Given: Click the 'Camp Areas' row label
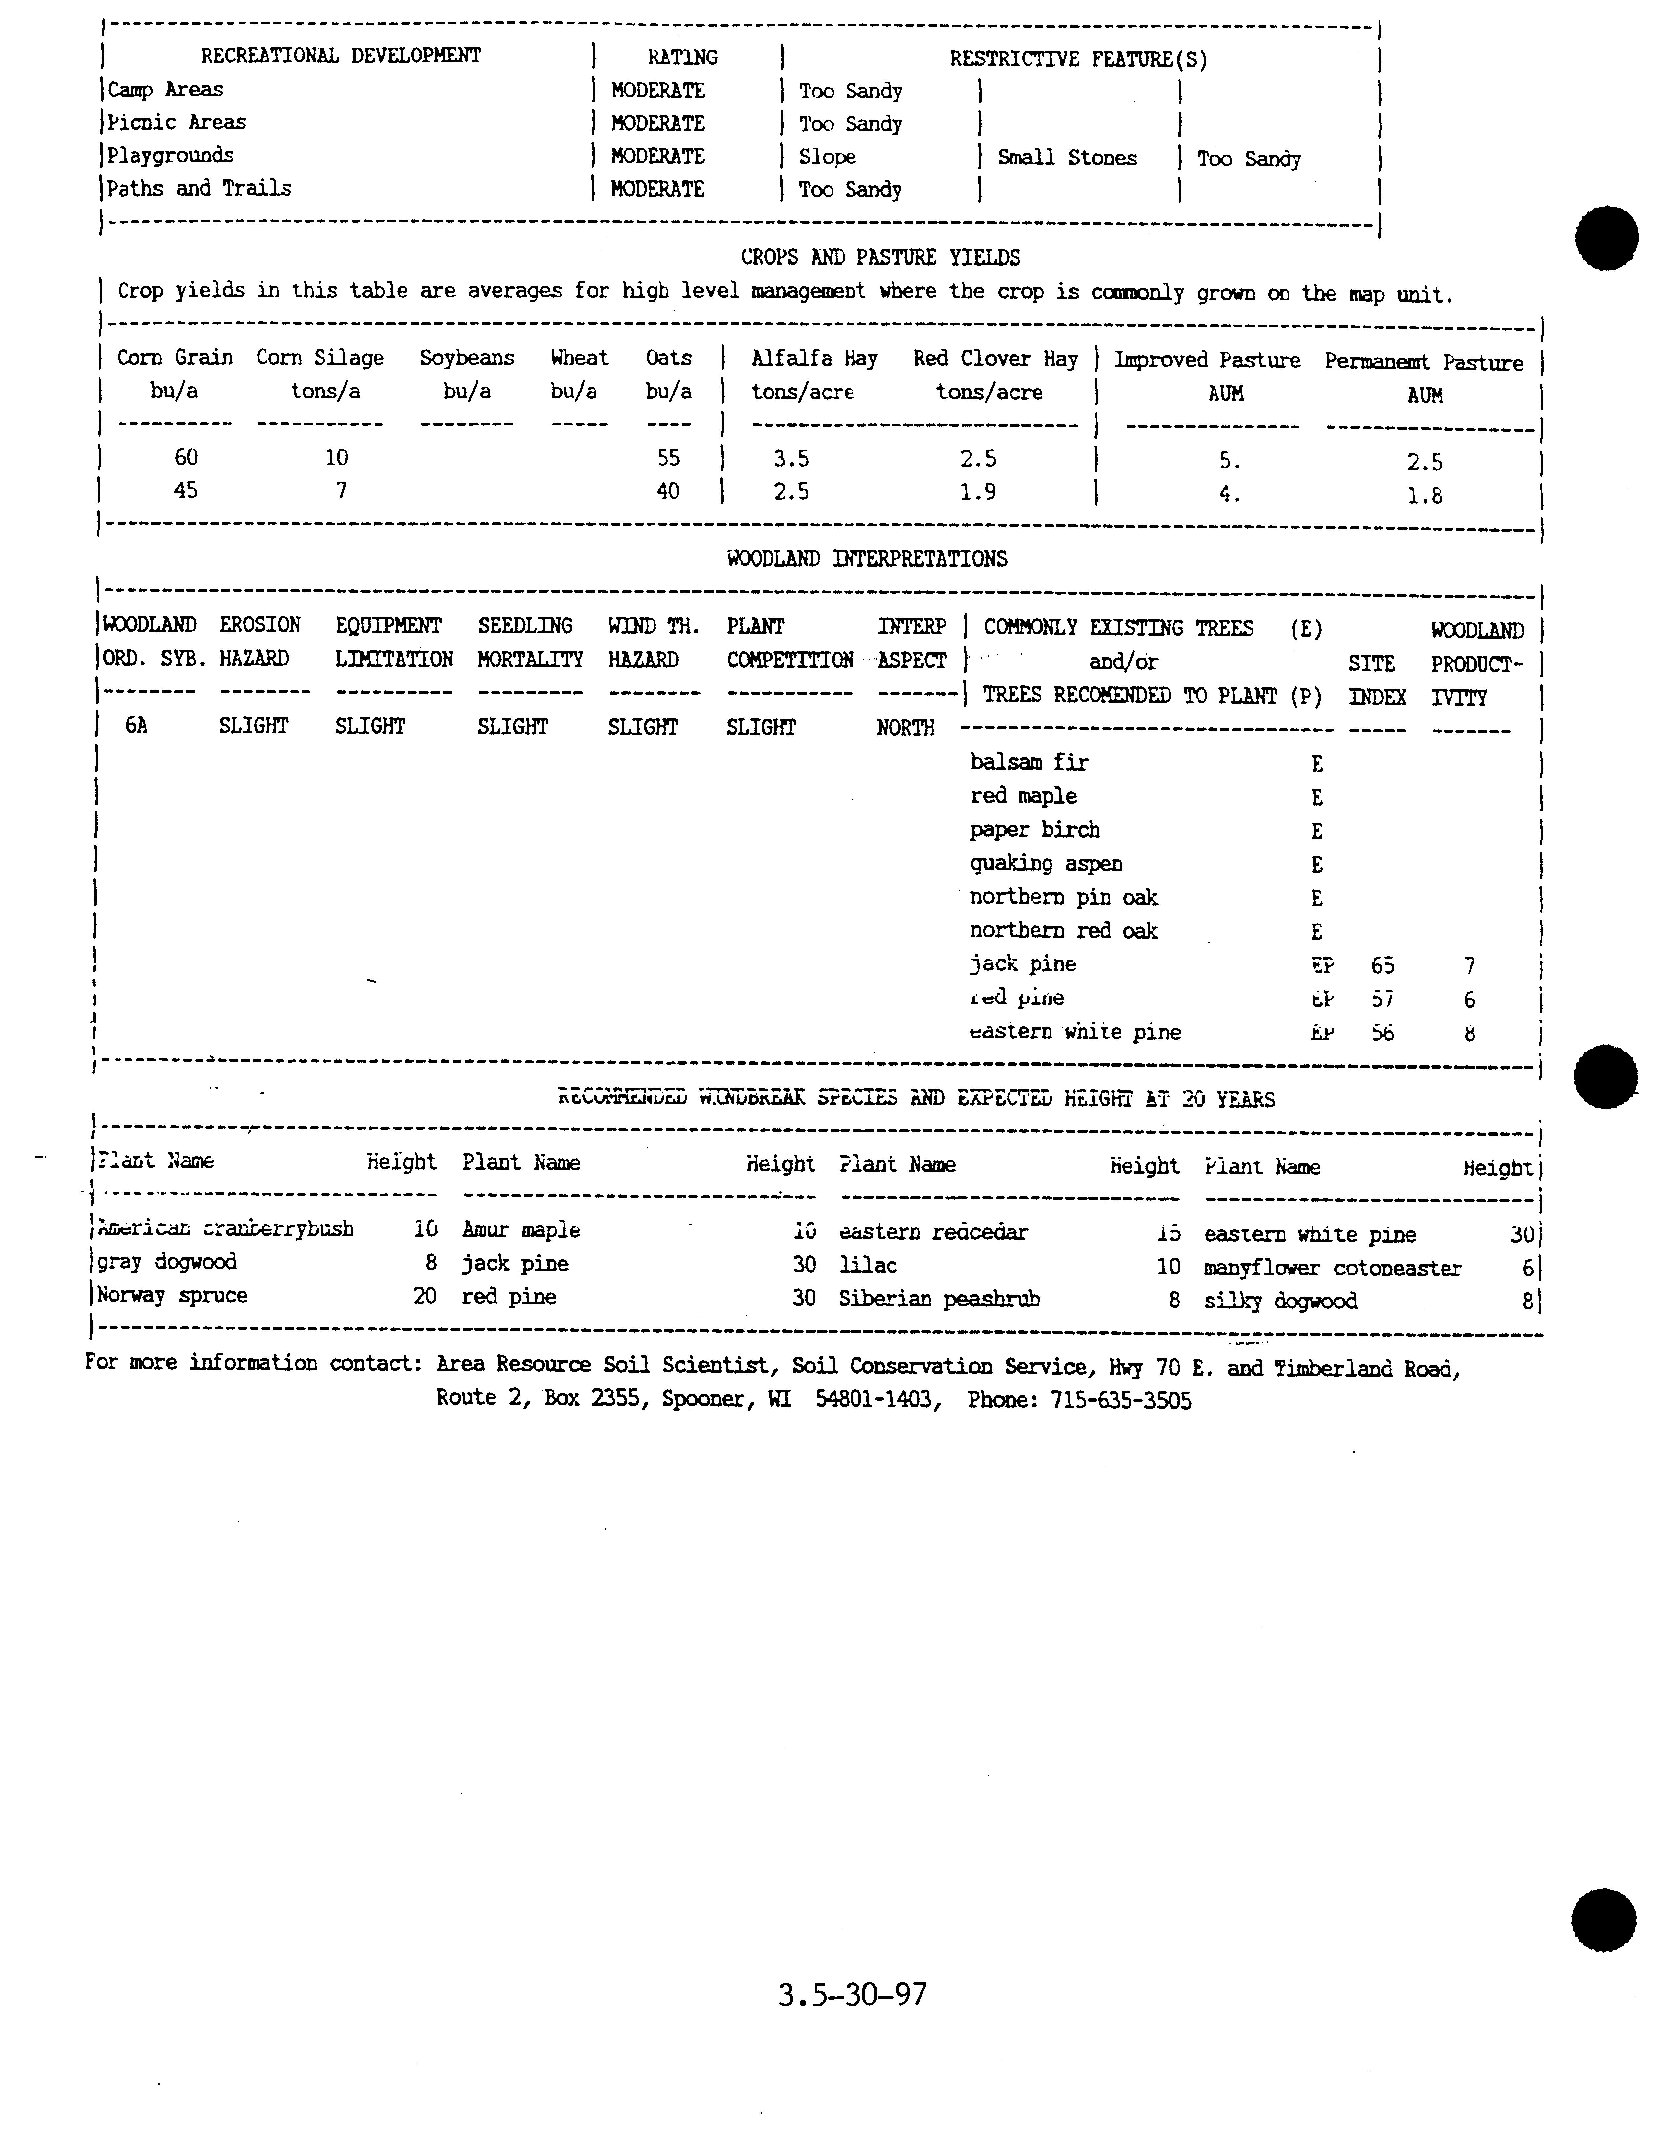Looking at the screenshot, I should [x=166, y=90].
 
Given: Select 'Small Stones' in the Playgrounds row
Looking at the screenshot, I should [x=1067, y=158].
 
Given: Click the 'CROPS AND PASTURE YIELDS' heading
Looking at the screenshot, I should [x=880, y=258].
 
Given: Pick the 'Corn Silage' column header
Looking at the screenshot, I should [x=320, y=358].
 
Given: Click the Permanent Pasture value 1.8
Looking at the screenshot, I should [x=1425, y=495].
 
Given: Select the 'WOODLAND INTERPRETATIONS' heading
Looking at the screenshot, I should [x=867, y=558].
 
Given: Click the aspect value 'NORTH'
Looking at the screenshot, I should [x=904, y=728].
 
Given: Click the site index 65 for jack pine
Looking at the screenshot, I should [x=1382, y=966].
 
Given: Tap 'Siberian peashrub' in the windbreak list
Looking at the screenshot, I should [x=939, y=1299].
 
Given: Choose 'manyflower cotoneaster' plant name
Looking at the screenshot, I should [x=1332, y=1268].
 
